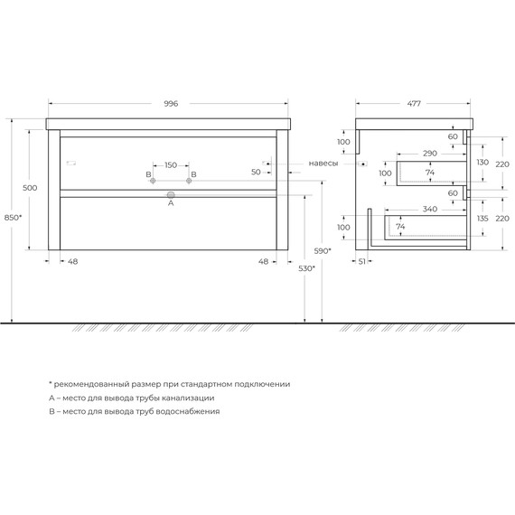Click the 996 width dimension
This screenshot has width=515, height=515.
[x=171, y=104]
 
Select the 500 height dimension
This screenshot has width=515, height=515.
[x=30, y=187]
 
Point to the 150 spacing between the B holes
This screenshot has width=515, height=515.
[x=171, y=165]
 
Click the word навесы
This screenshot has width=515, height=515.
[x=323, y=164]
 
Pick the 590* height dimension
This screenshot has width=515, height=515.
[x=323, y=250]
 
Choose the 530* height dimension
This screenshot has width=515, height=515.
[x=306, y=268]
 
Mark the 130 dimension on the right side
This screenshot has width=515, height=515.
[x=482, y=162]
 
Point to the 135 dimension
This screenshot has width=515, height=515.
[x=482, y=218]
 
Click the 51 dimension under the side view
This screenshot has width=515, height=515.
[x=361, y=262]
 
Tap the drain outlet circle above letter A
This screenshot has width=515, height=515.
[x=170, y=193]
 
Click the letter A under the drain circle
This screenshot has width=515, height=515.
[x=170, y=204]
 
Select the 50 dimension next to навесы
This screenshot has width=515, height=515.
[x=256, y=171]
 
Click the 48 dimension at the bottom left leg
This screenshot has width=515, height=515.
[x=73, y=262]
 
